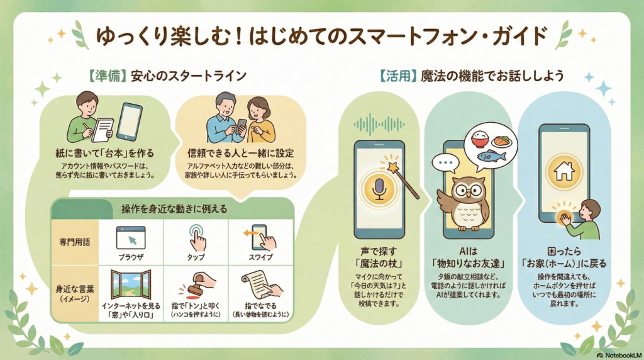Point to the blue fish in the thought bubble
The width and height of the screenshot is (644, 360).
click(x=492, y=156)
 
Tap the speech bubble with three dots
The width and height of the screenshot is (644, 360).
click(x=445, y=162)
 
